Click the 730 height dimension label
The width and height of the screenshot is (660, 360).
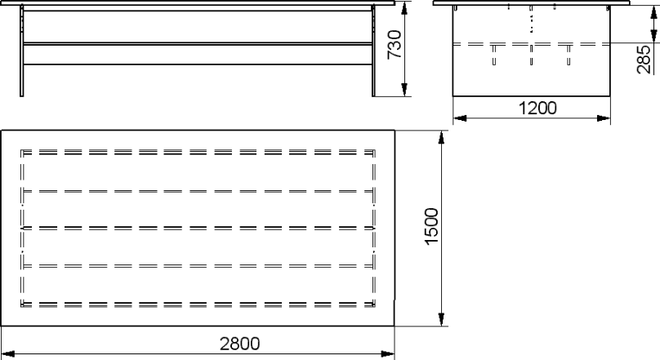tap(395, 44)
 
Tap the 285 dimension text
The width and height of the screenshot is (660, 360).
tap(644, 60)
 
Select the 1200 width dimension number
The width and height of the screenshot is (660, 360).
tap(537, 108)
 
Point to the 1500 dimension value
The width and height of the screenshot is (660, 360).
tap(431, 226)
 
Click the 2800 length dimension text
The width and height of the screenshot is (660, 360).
tap(239, 344)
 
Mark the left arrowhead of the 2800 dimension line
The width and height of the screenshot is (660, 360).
tap(8, 353)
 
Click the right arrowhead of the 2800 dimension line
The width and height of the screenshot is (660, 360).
tap(388, 353)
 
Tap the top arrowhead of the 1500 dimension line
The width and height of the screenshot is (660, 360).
tap(441, 137)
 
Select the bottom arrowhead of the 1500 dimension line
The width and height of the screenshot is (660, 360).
tap(441, 319)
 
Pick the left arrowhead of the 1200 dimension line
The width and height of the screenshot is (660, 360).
tap(460, 118)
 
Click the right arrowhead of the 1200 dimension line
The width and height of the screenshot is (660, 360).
tap(604, 118)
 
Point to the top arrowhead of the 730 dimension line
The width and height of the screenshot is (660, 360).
tap(404, 8)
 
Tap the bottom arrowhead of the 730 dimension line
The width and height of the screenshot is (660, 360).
tap(404, 90)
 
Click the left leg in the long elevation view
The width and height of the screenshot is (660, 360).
tap(22, 51)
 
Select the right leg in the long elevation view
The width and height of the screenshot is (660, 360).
tap(373, 51)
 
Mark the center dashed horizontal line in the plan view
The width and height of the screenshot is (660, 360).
tap(198, 228)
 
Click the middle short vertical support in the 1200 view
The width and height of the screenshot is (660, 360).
tap(531, 55)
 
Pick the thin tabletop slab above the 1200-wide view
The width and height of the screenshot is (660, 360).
tap(532, 3)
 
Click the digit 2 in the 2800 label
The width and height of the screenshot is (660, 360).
tap(225, 344)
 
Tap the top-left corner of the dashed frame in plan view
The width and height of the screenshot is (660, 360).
tap(21, 150)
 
